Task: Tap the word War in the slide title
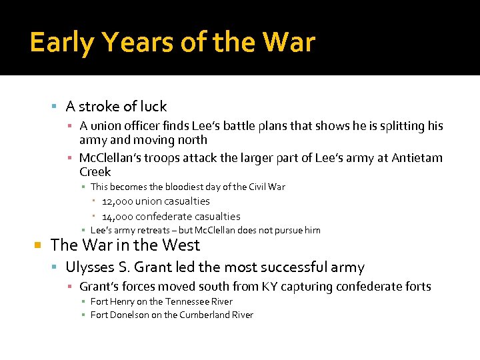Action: (x=289, y=43)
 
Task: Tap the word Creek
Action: (x=95, y=172)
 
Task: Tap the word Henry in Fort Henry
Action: (x=122, y=301)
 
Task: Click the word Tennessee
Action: (x=184, y=301)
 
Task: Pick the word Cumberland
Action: (x=203, y=315)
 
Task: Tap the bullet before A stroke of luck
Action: (x=55, y=107)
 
